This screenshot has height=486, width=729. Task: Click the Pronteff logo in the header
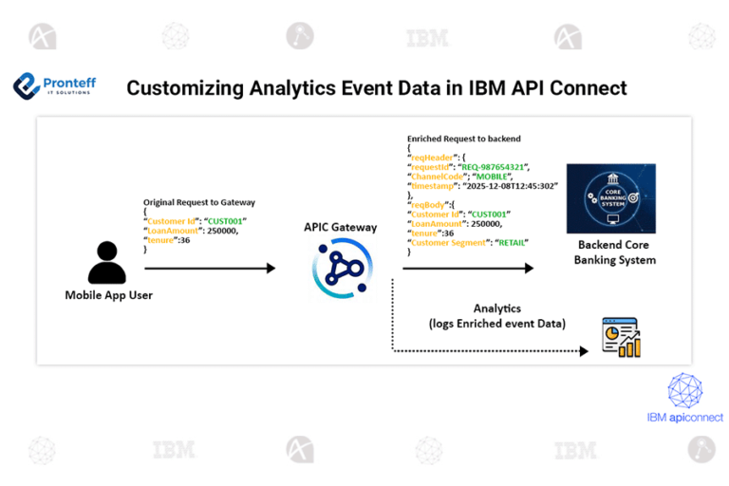(x=54, y=87)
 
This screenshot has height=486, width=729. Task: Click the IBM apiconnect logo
(x=684, y=398)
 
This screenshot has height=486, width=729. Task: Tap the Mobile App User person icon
(x=106, y=262)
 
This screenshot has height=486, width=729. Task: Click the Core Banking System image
(x=609, y=198)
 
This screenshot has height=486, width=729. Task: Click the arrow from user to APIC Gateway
(x=209, y=269)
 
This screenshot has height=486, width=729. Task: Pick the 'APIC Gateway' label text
(x=341, y=228)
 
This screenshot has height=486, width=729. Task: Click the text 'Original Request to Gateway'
(x=198, y=202)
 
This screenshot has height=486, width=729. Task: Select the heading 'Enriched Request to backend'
(x=463, y=139)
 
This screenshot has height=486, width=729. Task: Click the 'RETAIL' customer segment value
(x=510, y=242)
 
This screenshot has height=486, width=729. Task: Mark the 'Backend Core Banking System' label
(x=614, y=252)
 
